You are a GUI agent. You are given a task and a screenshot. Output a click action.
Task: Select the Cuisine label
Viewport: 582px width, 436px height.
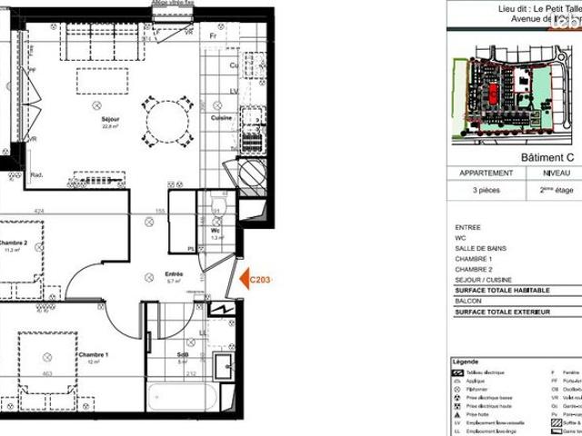point(220,117)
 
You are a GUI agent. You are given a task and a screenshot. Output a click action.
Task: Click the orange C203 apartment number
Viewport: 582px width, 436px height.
point(260,281)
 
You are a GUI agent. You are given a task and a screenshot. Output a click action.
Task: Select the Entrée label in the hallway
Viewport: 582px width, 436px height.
point(175,273)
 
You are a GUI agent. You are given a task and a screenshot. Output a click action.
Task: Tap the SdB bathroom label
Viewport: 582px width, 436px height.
point(183,355)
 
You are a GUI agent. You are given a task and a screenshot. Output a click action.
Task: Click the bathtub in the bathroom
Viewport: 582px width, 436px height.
point(183,398)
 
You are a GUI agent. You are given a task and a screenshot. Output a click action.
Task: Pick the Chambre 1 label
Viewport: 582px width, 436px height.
point(93,354)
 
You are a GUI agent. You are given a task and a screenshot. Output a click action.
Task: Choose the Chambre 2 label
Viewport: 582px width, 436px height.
point(13,243)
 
